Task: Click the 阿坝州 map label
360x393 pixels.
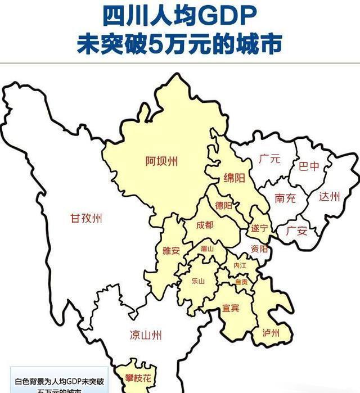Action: (x=161, y=161)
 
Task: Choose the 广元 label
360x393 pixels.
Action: (x=269, y=159)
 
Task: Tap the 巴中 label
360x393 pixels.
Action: (x=308, y=166)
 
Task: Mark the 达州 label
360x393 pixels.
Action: (x=330, y=197)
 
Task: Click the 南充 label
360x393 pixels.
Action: (x=286, y=198)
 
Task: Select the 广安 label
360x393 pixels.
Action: (x=296, y=231)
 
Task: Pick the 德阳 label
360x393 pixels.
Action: (x=224, y=206)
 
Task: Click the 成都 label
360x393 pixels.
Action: (x=205, y=225)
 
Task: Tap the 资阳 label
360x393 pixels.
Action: (x=259, y=249)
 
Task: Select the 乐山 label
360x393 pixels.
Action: (x=198, y=280)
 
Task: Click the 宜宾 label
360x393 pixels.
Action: (x=231, y=308)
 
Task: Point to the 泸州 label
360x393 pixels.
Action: (x=271, y=332)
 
